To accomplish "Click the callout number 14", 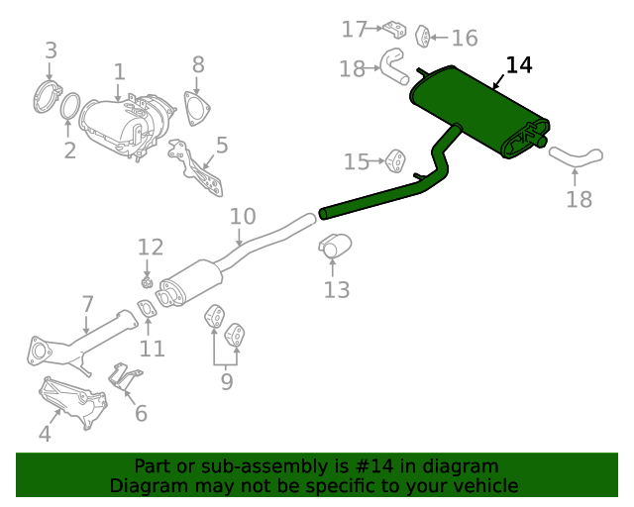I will pos(519,65).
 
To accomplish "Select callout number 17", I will pos(355,30).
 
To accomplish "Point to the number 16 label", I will pos(464,39).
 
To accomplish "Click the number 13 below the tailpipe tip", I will pos(337,289).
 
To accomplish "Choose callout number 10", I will pos(243,217).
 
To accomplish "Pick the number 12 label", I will pos(151,247).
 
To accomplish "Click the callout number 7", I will pos(87,304).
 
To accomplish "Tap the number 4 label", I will pos(44,433).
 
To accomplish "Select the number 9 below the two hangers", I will pos(227,380).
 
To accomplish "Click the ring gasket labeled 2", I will pos(71,106).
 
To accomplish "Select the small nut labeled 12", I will pos(148,282).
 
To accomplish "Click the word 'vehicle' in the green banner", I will pos(482,486).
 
